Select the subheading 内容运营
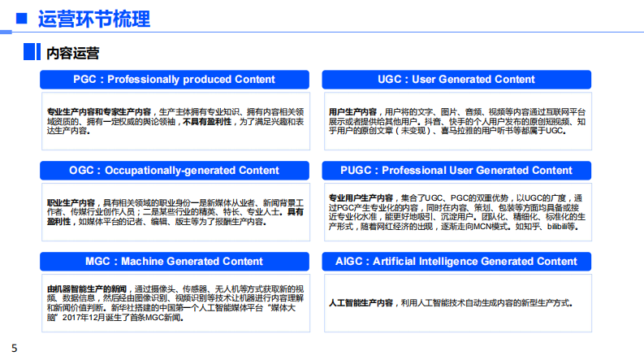[x=72, y=54]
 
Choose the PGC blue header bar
[x=174, y=80]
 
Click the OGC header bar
[x=174, y=171]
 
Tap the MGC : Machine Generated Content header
[x=174, y=262]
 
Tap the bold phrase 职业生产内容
[x=71, y=202]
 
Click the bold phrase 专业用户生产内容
[x=361, y=197]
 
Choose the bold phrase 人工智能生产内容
[x=361, y=303]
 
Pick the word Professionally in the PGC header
[x=140, y=80]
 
